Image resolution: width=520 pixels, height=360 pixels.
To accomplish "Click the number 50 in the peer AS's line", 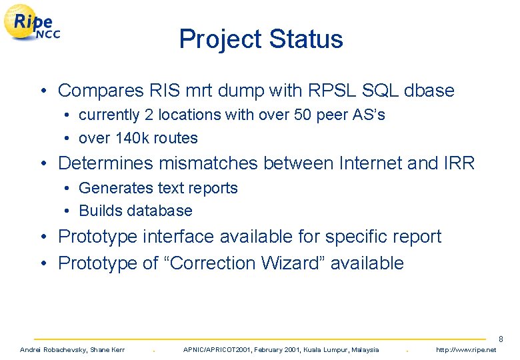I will tap(288, 115).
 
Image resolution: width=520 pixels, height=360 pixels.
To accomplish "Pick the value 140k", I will tap(129, 138).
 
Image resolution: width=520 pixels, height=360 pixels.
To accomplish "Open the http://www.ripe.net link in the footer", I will tap(465, 350).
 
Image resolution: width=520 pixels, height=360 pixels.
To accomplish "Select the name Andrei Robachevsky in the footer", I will tap(53, 350).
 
